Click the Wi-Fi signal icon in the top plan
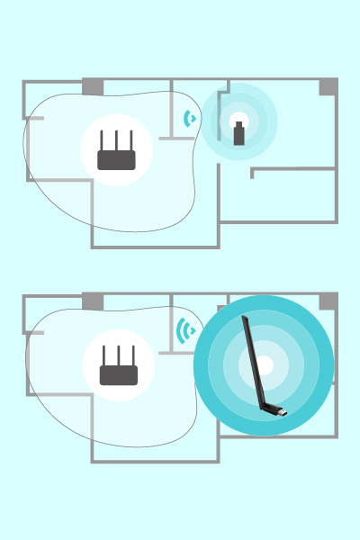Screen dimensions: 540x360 [x=189, y=118]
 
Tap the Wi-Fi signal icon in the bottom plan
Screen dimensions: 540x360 [x=186, y=331]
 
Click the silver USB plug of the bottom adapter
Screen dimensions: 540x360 [x=280, y=413]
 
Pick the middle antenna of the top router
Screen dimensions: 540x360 [x=117, y=141]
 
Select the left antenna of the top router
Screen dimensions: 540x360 [x=103, y=141]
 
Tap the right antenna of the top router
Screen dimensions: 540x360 [x=131, y=141]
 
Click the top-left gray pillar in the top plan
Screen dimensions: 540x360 [x=93, y=86]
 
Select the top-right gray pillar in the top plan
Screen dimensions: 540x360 [x=328, y=86]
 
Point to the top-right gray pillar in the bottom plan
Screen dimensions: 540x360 [x=328, y=301]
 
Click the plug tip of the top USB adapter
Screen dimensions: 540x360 [x=238, y=124]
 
